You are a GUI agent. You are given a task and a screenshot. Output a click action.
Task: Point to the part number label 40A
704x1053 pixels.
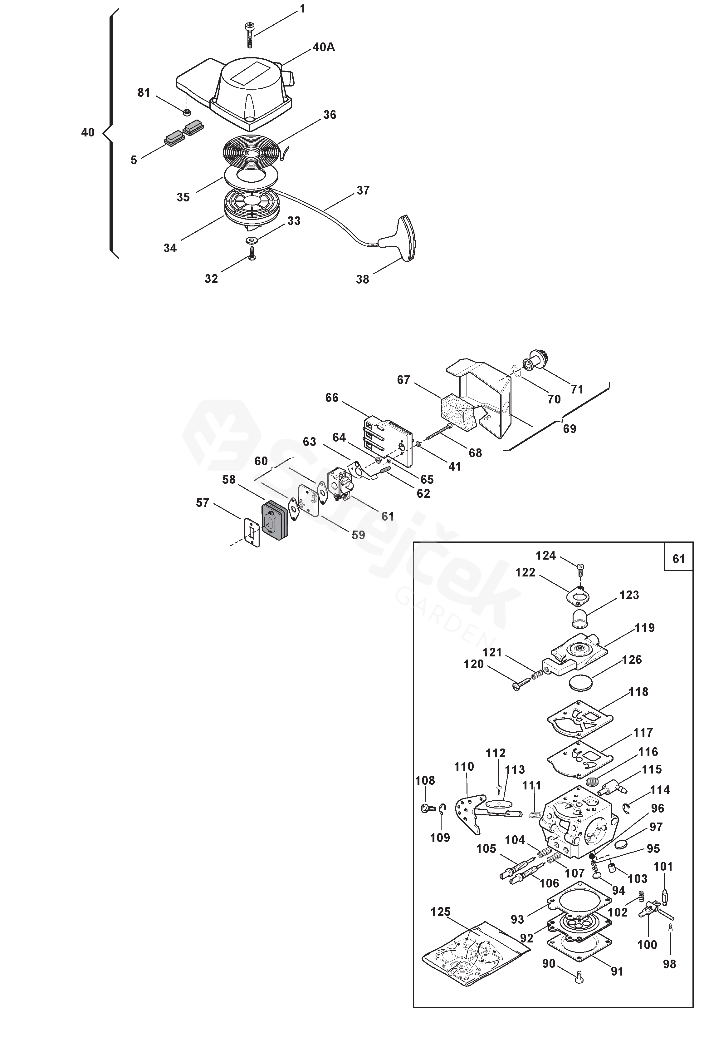324,47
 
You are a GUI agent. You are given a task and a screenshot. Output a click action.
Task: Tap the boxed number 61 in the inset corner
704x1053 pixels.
678,558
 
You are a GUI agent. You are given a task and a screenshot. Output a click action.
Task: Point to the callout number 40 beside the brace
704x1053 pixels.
88,132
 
